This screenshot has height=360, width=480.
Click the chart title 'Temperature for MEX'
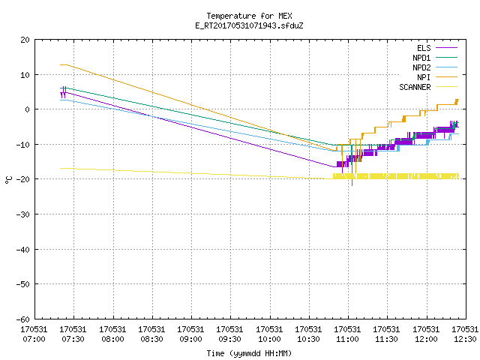(x=249, y=16)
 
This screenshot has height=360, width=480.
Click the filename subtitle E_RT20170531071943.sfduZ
(x=249, y=25)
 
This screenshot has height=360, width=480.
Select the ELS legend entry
(x=436, y=48)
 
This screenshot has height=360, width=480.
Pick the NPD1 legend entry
(x=435, y=58)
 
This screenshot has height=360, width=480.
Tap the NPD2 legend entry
(x=435, y=67)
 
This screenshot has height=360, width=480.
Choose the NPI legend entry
(x=436, y=77)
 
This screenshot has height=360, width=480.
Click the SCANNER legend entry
(x=428, y=87)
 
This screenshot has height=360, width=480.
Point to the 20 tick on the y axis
(x=25, y=40)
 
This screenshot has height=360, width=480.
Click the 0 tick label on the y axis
(x=28, y=109)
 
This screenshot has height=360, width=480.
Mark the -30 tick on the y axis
(x=23, y=214)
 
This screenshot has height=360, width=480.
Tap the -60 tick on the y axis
(x=23, y=319)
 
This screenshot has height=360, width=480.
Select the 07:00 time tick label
(x=34, y=334)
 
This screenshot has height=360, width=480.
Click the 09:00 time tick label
(x=190, y=334)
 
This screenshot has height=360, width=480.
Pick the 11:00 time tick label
(x=347, y=334)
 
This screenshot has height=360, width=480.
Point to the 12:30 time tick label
(x=465, y=334)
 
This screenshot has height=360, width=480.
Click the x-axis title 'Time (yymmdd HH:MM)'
(x=249, y=353)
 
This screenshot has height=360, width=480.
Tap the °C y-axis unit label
(x=9, y=180)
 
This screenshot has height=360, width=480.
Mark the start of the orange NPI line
(x=60, y=65)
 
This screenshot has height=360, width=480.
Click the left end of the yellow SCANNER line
(x=60, y=168)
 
